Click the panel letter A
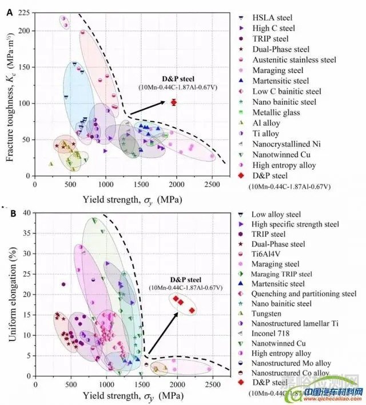[10, 12]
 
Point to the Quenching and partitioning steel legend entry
[300, 293]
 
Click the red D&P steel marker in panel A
[173, 102]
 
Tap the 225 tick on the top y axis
[23, 13]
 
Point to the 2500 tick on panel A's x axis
[212, 184]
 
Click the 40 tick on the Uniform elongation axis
[25, 213]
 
